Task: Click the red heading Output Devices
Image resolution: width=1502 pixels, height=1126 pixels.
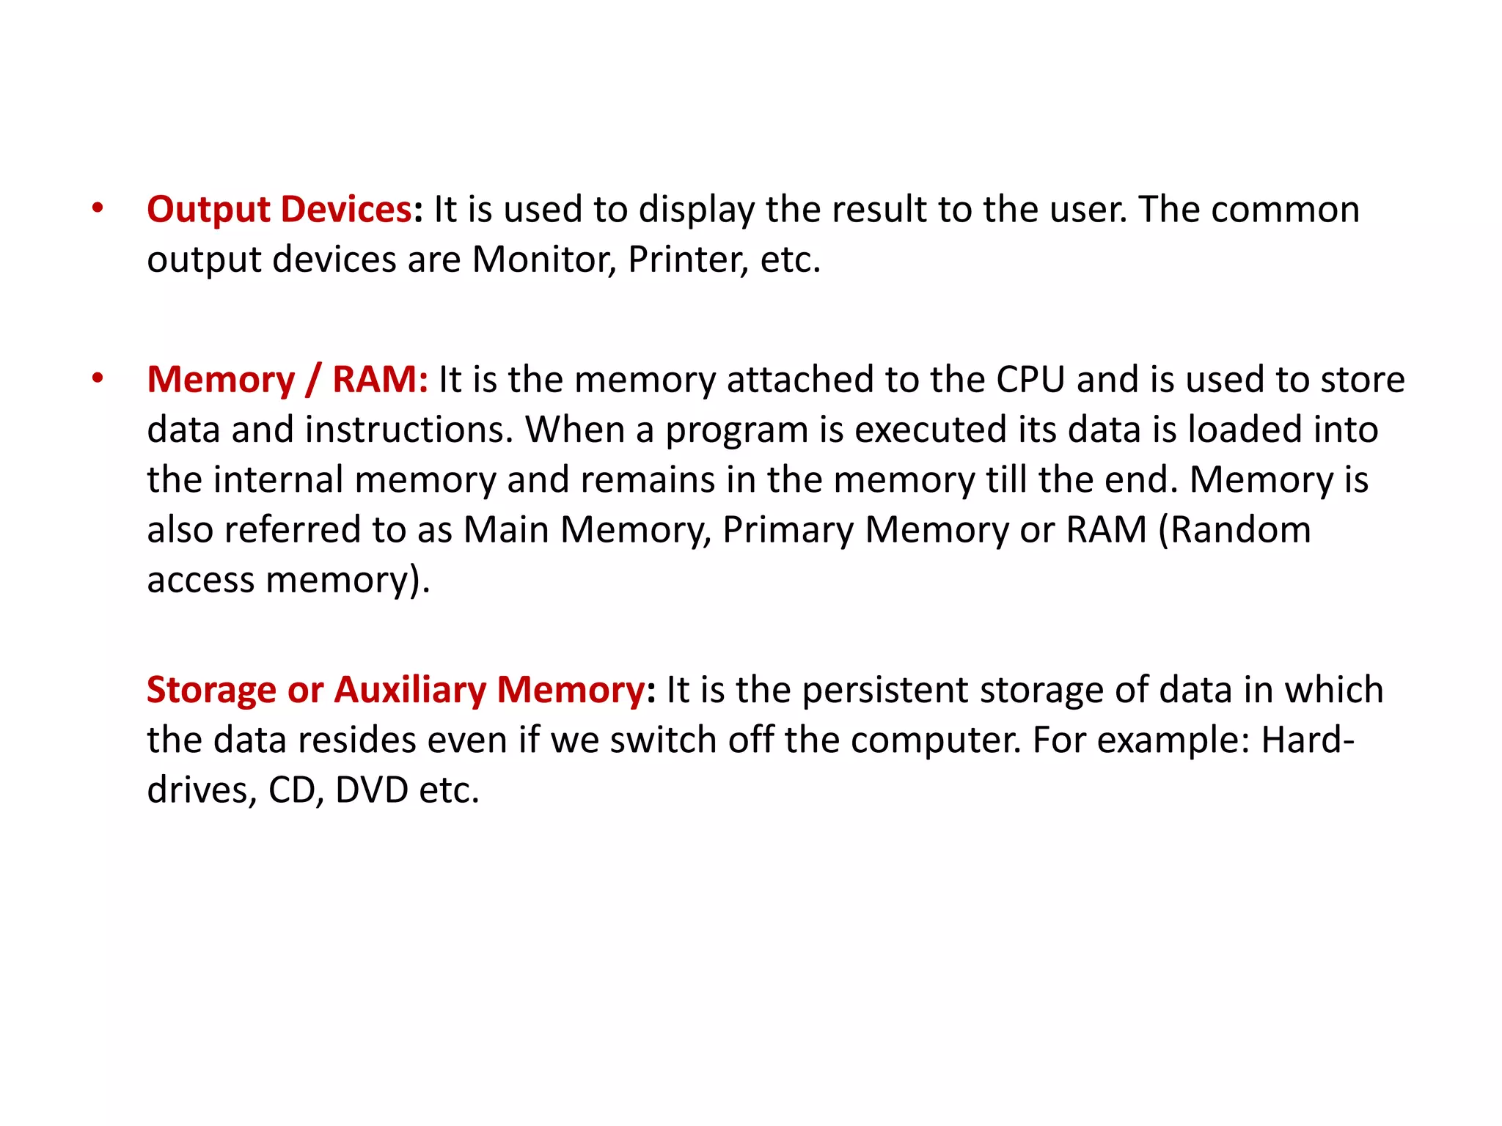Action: (279, 210)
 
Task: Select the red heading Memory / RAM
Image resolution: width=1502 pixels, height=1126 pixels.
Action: (287, 380)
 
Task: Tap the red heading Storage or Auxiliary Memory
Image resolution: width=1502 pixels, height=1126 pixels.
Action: (395, 690)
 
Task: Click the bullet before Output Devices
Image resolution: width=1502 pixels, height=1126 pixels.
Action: (98, 209)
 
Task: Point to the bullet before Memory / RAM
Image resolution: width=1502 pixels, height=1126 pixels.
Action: (98, 379)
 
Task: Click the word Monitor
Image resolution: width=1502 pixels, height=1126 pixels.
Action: (543, 260)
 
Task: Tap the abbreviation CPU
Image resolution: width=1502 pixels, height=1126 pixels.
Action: (1030, 380)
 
